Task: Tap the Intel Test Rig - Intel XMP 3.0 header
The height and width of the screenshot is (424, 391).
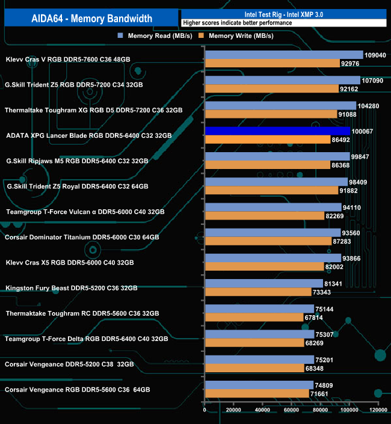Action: click(283, 14)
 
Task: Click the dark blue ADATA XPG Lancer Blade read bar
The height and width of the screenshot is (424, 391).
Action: click(277, 131)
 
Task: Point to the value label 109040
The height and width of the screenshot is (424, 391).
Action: click(375, 55)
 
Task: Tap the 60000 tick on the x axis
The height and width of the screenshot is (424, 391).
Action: click(291, 410)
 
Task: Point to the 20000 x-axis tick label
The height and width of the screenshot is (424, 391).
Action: click(233, 410)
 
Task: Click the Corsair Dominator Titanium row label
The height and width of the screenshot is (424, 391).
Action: click(82, 238)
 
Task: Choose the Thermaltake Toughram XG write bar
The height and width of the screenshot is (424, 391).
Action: click(271, 115)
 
